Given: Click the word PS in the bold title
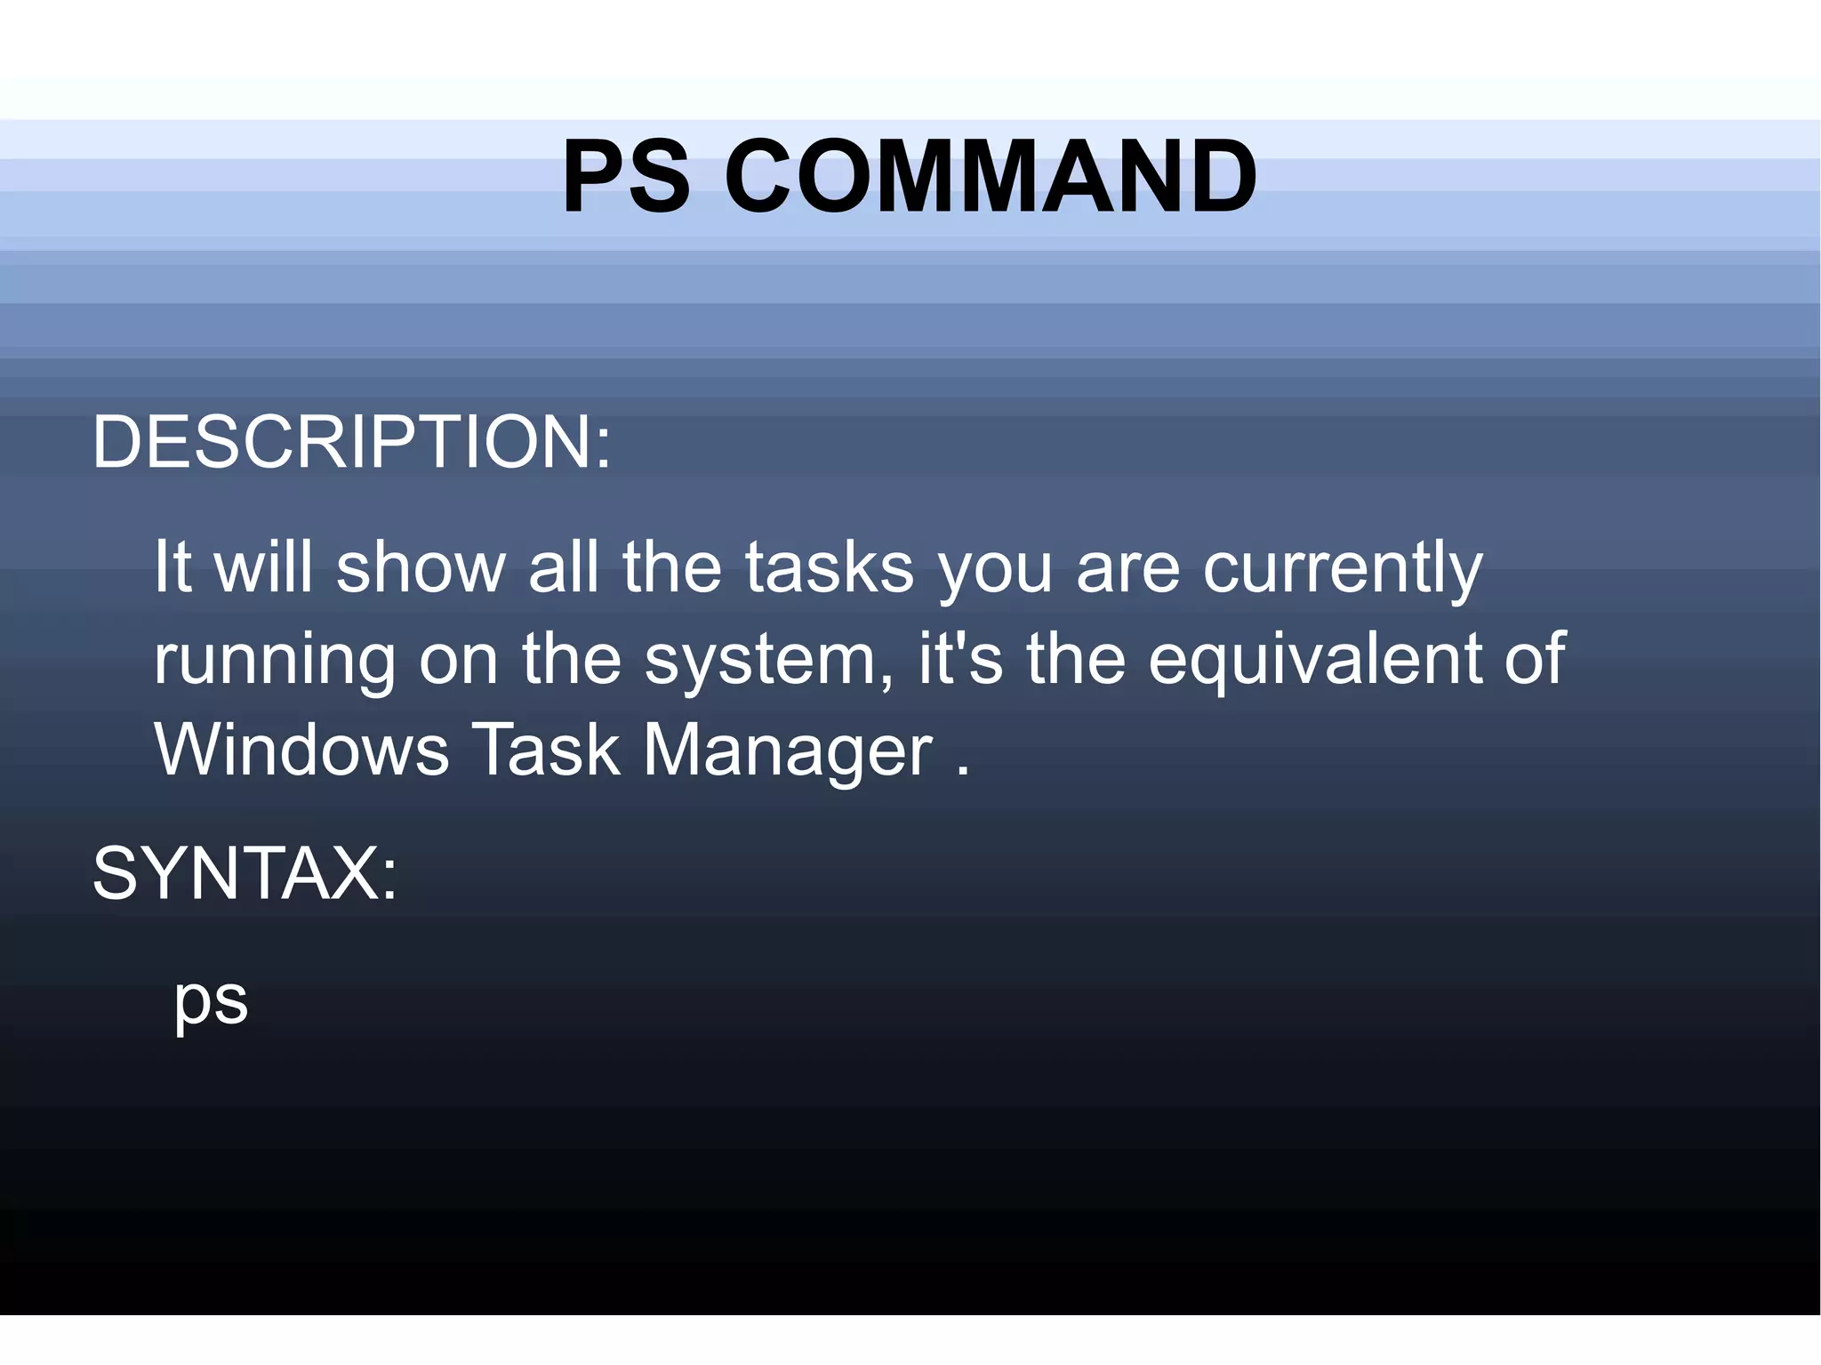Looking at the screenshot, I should point(626,177).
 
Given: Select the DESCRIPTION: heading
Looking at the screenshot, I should point(352,442).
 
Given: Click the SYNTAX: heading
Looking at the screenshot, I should point(245,874).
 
